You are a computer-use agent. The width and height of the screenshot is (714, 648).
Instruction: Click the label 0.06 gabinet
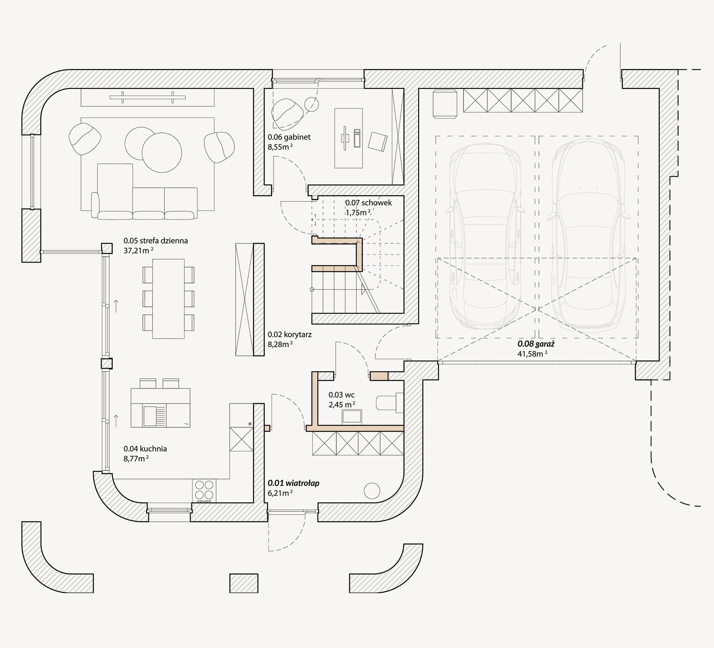tap(289, 137)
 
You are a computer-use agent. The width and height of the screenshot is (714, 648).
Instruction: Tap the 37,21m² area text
tap(138, 251)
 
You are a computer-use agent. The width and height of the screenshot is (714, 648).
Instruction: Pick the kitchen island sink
tap(155, 416)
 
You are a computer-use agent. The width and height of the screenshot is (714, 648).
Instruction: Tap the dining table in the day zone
tap(168, 299)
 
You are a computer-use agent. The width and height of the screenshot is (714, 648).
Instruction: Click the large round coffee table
tap(162, 152)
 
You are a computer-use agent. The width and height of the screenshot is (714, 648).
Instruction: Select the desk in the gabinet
tap(349, 138)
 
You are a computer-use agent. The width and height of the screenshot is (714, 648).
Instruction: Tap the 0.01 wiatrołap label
tap(294, 483)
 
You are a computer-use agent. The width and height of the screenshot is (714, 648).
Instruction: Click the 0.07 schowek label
tap(369, 203)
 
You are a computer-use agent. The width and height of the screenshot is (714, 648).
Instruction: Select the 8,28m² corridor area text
tap(280, 345)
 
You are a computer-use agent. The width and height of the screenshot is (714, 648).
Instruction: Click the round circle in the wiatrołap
tap(372, 491)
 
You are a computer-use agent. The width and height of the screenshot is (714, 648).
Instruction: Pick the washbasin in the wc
tap(352, 417)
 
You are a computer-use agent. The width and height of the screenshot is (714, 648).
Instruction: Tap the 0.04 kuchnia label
tap(145, 449)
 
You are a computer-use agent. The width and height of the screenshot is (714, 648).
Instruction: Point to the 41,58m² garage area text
tap(532, 354)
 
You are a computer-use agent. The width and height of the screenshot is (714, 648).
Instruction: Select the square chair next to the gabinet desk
tap(378, 142)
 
